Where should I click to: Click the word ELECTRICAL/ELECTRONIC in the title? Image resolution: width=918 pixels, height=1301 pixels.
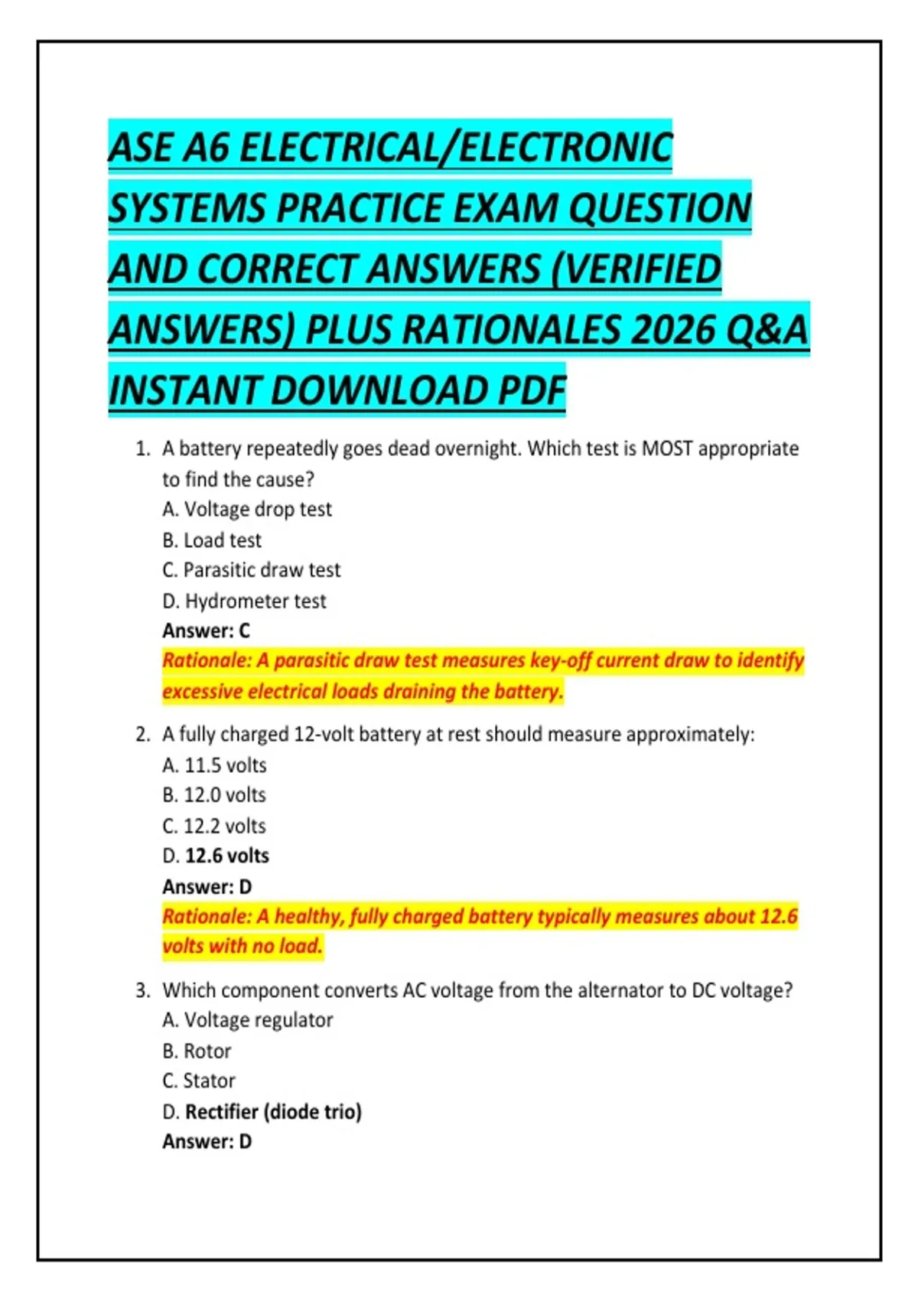(x=456, y=147)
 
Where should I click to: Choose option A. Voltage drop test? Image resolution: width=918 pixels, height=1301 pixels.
(x=247, y=510)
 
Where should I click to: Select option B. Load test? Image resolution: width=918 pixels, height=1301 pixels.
(x=212, y=540)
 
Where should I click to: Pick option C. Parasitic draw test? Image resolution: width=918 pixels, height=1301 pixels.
(x=251, y=570)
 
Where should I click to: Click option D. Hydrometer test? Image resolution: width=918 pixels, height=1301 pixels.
(x=244, y=602)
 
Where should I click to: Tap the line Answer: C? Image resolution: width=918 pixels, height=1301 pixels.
(x=206, y=631)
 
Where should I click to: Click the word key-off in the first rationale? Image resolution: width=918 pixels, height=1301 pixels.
(x=560, y=660)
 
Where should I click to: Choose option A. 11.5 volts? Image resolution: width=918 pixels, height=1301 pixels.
(x=214, y=765)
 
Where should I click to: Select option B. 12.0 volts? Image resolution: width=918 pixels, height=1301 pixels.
(x=214, y=795)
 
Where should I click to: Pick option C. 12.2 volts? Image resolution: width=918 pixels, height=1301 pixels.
(x=214, y=827)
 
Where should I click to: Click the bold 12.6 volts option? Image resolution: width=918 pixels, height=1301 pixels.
(x=226, y=856)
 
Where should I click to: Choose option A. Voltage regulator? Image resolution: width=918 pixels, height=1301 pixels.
(x=247, y=1020)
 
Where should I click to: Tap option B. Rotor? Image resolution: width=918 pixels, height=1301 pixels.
(x=197, y=1052)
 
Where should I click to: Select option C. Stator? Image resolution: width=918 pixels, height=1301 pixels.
(x=199, y=1081)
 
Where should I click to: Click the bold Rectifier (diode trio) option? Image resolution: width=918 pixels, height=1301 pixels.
(x=273, y=1111)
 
